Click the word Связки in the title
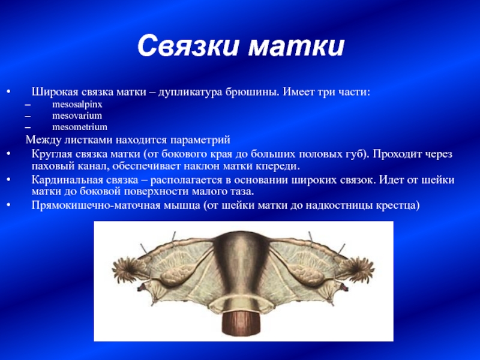[x=188, y=46]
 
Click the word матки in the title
[x=296, y=46]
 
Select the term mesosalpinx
[x=77, y=104]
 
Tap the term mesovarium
[x=77, y=116]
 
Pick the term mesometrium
[x=80, y=127]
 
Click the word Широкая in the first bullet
[x=56, y=92]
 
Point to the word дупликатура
[x=190, y=92]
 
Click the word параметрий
[x=200, y=140]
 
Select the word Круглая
[x=52, y=154]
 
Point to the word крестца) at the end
[x=398, y=205]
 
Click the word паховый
[x=53, y=167]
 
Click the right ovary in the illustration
[x=308, y=273]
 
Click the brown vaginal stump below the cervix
[x=241, y=323]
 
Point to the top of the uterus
[x=241, y=233]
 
